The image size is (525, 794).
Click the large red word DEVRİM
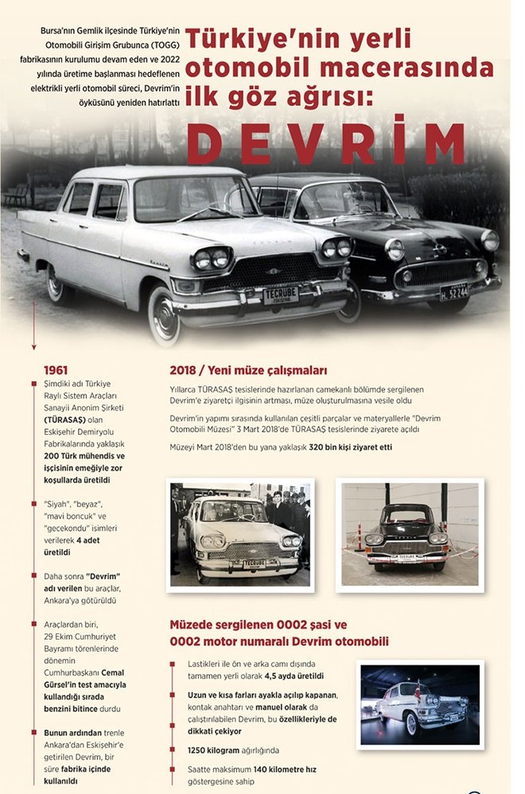point(326,142)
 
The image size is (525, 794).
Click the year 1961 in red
point(56,370)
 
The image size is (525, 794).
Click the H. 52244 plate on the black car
point(453,292)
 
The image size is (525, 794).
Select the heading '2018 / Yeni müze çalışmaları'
point(248,370)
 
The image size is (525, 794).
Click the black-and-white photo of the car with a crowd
point(240,534)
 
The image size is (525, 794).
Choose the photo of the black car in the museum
point(410,534)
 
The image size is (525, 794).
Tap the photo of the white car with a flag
point(419,705)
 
